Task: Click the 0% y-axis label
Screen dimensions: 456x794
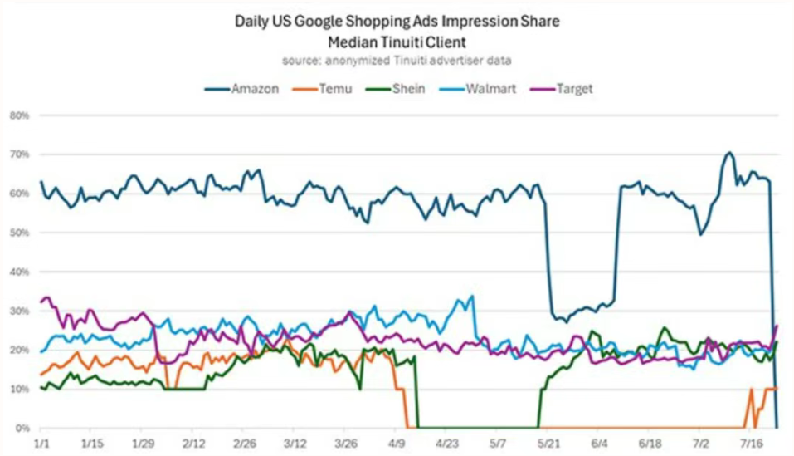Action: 21,428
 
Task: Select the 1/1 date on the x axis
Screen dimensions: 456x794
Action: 41,444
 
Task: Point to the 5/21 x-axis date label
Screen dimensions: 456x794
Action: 548,444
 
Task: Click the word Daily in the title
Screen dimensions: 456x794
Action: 252,22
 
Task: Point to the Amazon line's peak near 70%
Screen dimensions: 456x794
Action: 728,153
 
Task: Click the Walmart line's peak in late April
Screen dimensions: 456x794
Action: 472,296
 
